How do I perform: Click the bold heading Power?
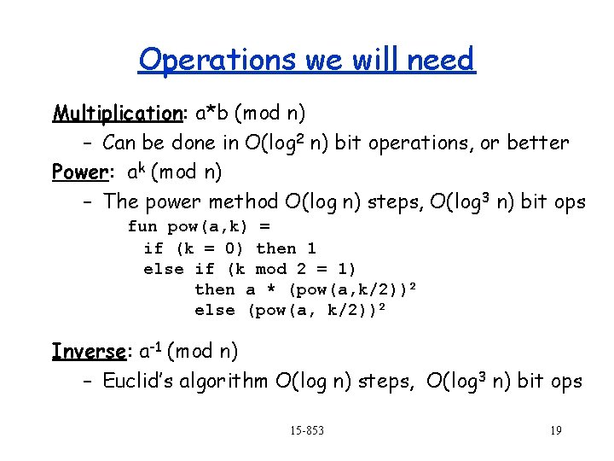pos(78,172)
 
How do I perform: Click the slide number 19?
pos(555,430)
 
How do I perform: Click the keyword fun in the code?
pos(142,227)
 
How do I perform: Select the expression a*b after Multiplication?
pos(211,114)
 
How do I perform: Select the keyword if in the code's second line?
pos(153,248)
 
